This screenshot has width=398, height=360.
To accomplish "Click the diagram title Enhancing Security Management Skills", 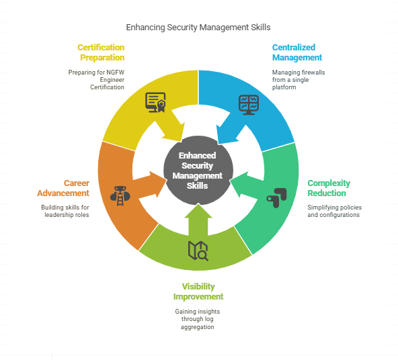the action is point(198,28).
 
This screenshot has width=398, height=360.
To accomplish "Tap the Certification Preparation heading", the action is point(101,52).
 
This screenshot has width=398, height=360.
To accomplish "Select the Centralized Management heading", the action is point(297,52).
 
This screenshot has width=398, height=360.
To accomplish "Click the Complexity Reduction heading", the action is point(329,188).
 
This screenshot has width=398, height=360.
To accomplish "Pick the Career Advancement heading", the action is point(63,188).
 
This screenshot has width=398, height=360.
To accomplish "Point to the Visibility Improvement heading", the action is point(198,291).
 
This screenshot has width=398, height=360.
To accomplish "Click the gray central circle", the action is point(198,171).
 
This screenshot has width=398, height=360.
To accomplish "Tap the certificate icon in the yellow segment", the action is point(155,102).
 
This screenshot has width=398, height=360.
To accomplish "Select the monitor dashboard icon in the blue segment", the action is point(249,105).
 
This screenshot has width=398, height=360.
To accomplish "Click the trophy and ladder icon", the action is point(120,196).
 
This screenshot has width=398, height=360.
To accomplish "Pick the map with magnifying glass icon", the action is point(198,251).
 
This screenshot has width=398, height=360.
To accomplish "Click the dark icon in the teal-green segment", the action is point(277,198).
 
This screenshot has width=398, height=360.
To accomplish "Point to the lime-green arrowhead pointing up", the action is point(198,211).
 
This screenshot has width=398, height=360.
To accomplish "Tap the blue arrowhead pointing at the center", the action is point(226,134).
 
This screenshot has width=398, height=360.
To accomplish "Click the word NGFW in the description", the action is point(115,73).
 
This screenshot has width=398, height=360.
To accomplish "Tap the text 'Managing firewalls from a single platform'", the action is point(298,80).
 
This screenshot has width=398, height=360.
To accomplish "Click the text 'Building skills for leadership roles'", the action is point(65,211).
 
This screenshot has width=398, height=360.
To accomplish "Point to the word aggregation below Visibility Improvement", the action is point(198,327).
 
